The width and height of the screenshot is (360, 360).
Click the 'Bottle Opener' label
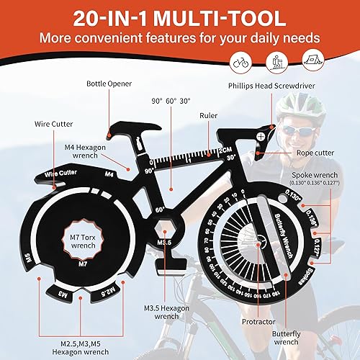point(109,84)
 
